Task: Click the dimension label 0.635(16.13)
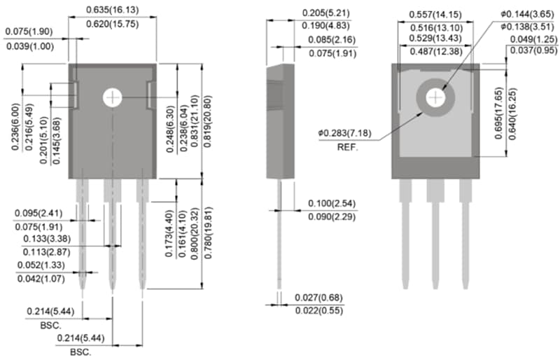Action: (x=112, y=10)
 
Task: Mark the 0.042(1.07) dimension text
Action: (x=40, y=279)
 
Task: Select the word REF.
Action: (x=348, y=148)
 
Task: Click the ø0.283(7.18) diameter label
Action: (x=348, y=132)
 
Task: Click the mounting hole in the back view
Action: (x=435, y=98)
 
